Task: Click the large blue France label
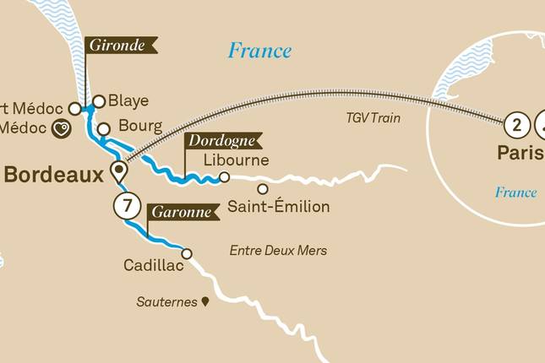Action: click(x=259, y=51)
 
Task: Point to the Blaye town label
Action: click(x=129, y=101)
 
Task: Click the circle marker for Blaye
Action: click(x=99, y=101)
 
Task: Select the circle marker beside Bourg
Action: click(x=103, y=129)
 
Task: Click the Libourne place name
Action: click(x=237, y=160)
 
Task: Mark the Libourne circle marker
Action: click(x=224, y=177)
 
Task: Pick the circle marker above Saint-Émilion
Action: click(x=263, y=188)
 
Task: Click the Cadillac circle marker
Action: click(x=187, y=253)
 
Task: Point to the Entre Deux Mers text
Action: click(x=278, y=251)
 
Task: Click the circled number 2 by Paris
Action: click(x=515, y=127)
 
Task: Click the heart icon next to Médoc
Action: click(x=61, y=129)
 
